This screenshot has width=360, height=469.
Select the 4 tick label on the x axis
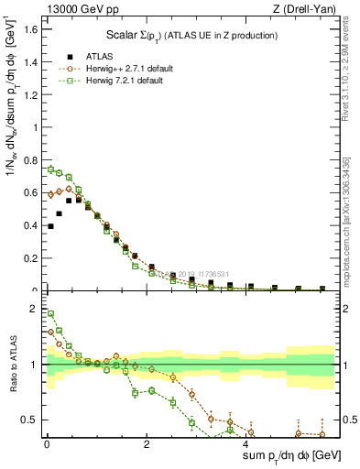tap(245, 444)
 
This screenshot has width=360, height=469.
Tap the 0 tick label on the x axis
tap(47, 444)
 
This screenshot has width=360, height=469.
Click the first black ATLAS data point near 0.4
tap(50, 226)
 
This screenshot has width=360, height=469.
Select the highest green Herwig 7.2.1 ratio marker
tap(50, 313)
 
